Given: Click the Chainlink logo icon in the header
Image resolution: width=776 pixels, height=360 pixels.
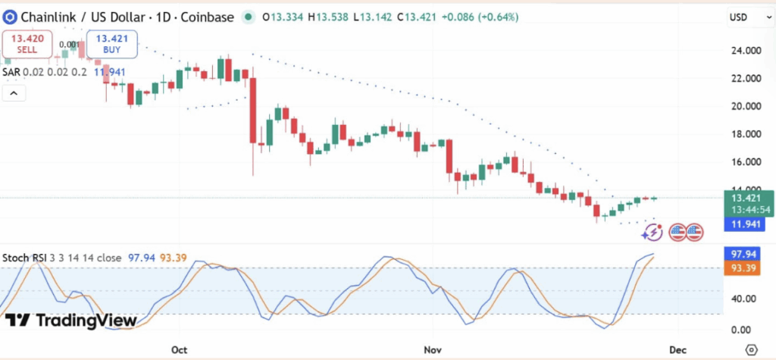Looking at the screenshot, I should coord(9,17).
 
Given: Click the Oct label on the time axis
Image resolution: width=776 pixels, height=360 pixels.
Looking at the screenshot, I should coord(180,349).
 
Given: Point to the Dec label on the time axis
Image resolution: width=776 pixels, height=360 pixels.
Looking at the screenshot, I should coord(677,349).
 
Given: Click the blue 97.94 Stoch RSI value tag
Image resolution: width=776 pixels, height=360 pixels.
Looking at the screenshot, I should coord(738,253).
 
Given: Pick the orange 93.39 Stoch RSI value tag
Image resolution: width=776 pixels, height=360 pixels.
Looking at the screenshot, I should coord(738,268).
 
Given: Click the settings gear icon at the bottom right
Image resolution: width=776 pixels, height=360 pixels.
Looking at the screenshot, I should coord(751,349).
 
